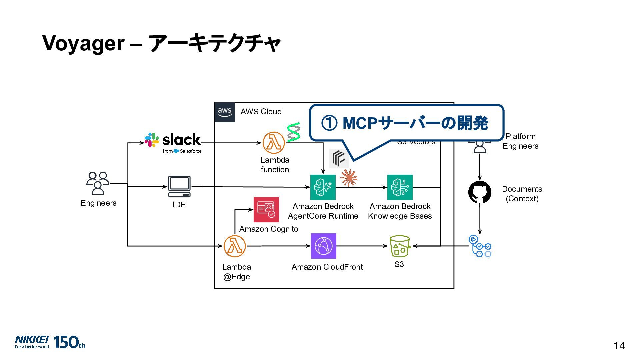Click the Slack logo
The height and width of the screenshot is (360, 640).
173,143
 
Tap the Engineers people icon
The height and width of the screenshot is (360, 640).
98,183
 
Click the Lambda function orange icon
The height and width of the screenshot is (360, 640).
274,143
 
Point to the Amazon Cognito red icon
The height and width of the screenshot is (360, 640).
266,210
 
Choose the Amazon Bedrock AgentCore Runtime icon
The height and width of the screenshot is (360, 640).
323,187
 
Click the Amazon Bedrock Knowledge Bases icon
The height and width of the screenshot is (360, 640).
400,187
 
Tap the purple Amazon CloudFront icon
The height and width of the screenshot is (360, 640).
323,246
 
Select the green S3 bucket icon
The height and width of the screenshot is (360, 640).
399,246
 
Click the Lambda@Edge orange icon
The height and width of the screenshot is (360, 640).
235,246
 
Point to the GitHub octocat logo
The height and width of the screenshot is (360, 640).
480,192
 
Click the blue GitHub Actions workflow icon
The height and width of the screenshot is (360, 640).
480,246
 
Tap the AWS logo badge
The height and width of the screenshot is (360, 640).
225,112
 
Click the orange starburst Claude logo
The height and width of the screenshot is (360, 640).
349,178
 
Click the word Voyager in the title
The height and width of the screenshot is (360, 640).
83,43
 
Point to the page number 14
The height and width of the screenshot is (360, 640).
619,346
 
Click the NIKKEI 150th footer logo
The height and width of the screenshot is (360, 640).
50,342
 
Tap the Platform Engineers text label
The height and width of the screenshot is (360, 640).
520,141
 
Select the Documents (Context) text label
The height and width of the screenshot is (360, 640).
522,194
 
